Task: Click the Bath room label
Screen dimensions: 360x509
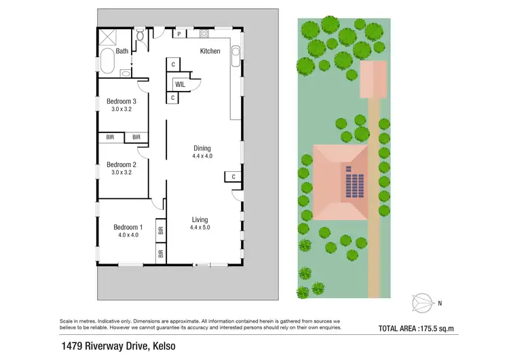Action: tap(122, 51)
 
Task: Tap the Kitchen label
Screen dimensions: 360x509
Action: tap(210, 51)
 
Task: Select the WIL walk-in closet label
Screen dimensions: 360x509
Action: tap(180, 84)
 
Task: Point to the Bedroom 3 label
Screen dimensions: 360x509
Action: tap(121, 102)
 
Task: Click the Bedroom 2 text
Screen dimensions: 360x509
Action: tap(121, 164)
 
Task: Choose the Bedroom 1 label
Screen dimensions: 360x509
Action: tap(128, 227)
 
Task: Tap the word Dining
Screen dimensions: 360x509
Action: tap(202, 148)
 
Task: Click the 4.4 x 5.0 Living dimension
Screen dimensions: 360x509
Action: tap(200, 228)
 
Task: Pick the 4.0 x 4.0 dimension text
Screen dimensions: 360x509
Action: tap(128, 235)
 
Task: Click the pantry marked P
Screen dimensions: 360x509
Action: tap(178, 33)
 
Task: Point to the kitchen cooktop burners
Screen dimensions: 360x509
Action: tap(203, 33)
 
